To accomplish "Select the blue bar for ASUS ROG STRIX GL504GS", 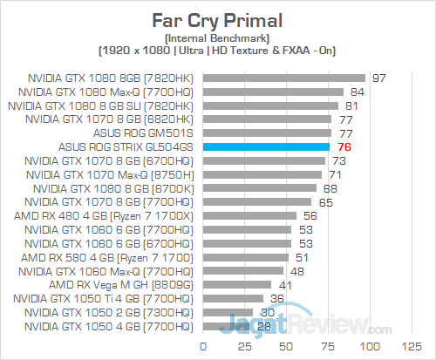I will pyautogui.click(x=265, y=147).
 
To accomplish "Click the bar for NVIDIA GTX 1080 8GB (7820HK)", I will pyautogui.click(x=283, y=78).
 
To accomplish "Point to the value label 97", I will pyautogui.click(x=378, y=78).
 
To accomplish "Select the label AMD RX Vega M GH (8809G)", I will pyautogui.click(x=122, y=284).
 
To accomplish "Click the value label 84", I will pyautogui.click(x=357, y=92).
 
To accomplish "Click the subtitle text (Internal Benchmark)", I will pyautogui.click(x=217, y=38).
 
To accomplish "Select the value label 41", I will pyautogui.click(x=283, y=284).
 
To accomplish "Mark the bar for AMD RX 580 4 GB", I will pyautogui.click(x=245, y=257).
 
